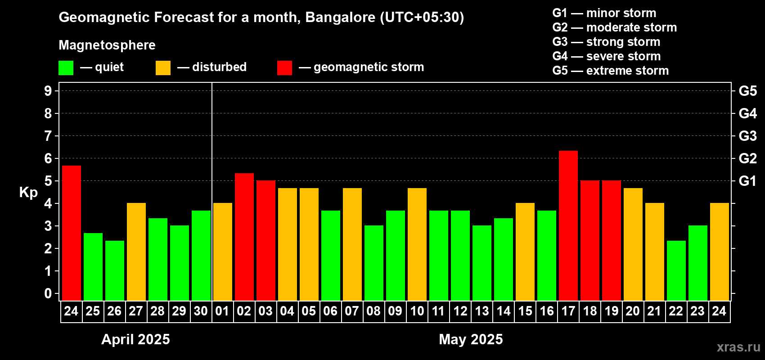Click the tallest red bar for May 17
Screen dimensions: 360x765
pos(568,225)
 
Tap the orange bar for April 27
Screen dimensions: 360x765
pos(136,252)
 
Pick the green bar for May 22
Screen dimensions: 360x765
pos(676,270)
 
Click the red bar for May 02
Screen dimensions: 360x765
pos(244,237)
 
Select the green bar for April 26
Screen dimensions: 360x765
pos(114,270)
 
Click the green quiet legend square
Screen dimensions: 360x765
pos(66,68)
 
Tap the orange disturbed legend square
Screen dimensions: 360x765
pos(163,68)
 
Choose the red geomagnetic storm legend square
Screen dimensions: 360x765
pos(284,68)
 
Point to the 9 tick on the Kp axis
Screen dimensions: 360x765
pos(48,91)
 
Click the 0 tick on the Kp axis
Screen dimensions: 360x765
pos(48,293)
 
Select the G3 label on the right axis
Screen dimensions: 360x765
pos(747,136)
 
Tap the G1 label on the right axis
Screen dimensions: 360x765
pos(747,181)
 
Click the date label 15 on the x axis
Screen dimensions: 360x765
pos(525,311)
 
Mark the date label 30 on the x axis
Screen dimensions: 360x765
pos(201,311)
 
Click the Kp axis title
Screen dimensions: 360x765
pos(28,192)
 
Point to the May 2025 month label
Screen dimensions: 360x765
pos(471,339)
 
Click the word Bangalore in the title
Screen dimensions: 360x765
pos(340,17)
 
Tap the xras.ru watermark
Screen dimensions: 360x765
pos(738,347)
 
